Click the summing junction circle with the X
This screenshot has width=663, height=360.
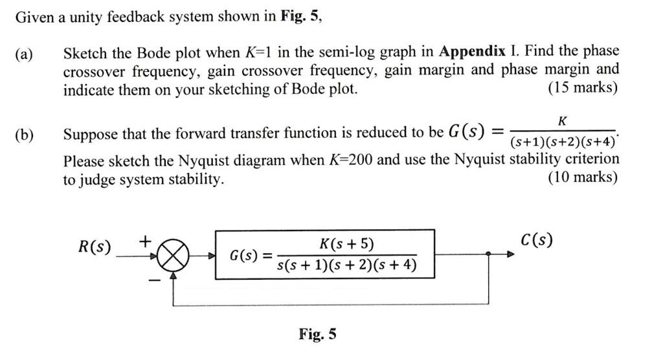[173, 257]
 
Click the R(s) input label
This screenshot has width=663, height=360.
[95, 247]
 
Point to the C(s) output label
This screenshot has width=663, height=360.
[537, 241]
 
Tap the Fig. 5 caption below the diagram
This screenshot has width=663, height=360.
[317, 334]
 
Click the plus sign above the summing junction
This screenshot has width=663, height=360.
[146, 241]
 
